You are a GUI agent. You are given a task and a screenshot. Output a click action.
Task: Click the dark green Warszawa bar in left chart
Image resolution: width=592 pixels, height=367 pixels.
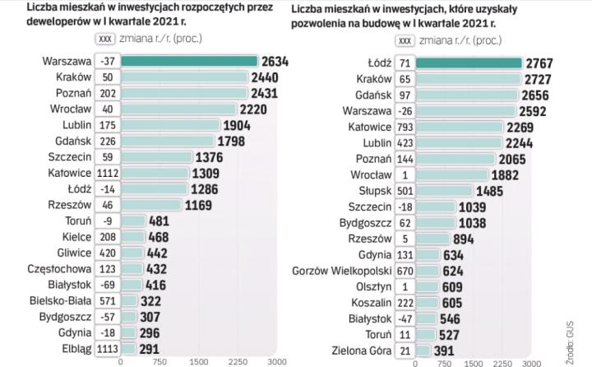[x=188, y=61]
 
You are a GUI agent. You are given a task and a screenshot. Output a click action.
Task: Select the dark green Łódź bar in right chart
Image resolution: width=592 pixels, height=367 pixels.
[x=469, y=63]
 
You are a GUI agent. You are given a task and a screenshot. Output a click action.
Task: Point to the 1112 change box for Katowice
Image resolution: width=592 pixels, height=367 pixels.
[x=107, y=174]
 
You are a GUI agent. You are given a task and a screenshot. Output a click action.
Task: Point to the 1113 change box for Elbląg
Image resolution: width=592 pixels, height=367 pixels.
[x=107, y=348]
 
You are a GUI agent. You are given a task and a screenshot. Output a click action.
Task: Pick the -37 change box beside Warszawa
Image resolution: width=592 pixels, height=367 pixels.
[x=107, y=61]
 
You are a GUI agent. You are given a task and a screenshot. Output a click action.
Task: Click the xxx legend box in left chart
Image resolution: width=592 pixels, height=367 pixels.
[x=104, y=39]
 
